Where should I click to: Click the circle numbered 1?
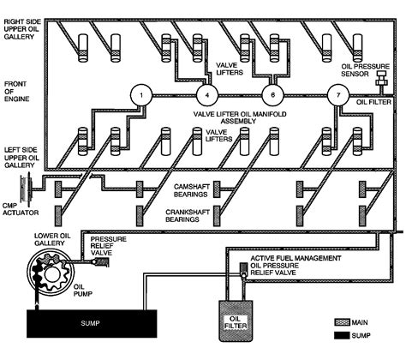[x=137, y=96]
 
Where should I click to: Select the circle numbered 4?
[x=206, y=96]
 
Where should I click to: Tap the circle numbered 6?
[x=272, y=96]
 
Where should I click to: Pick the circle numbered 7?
[x=339, y=96]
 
